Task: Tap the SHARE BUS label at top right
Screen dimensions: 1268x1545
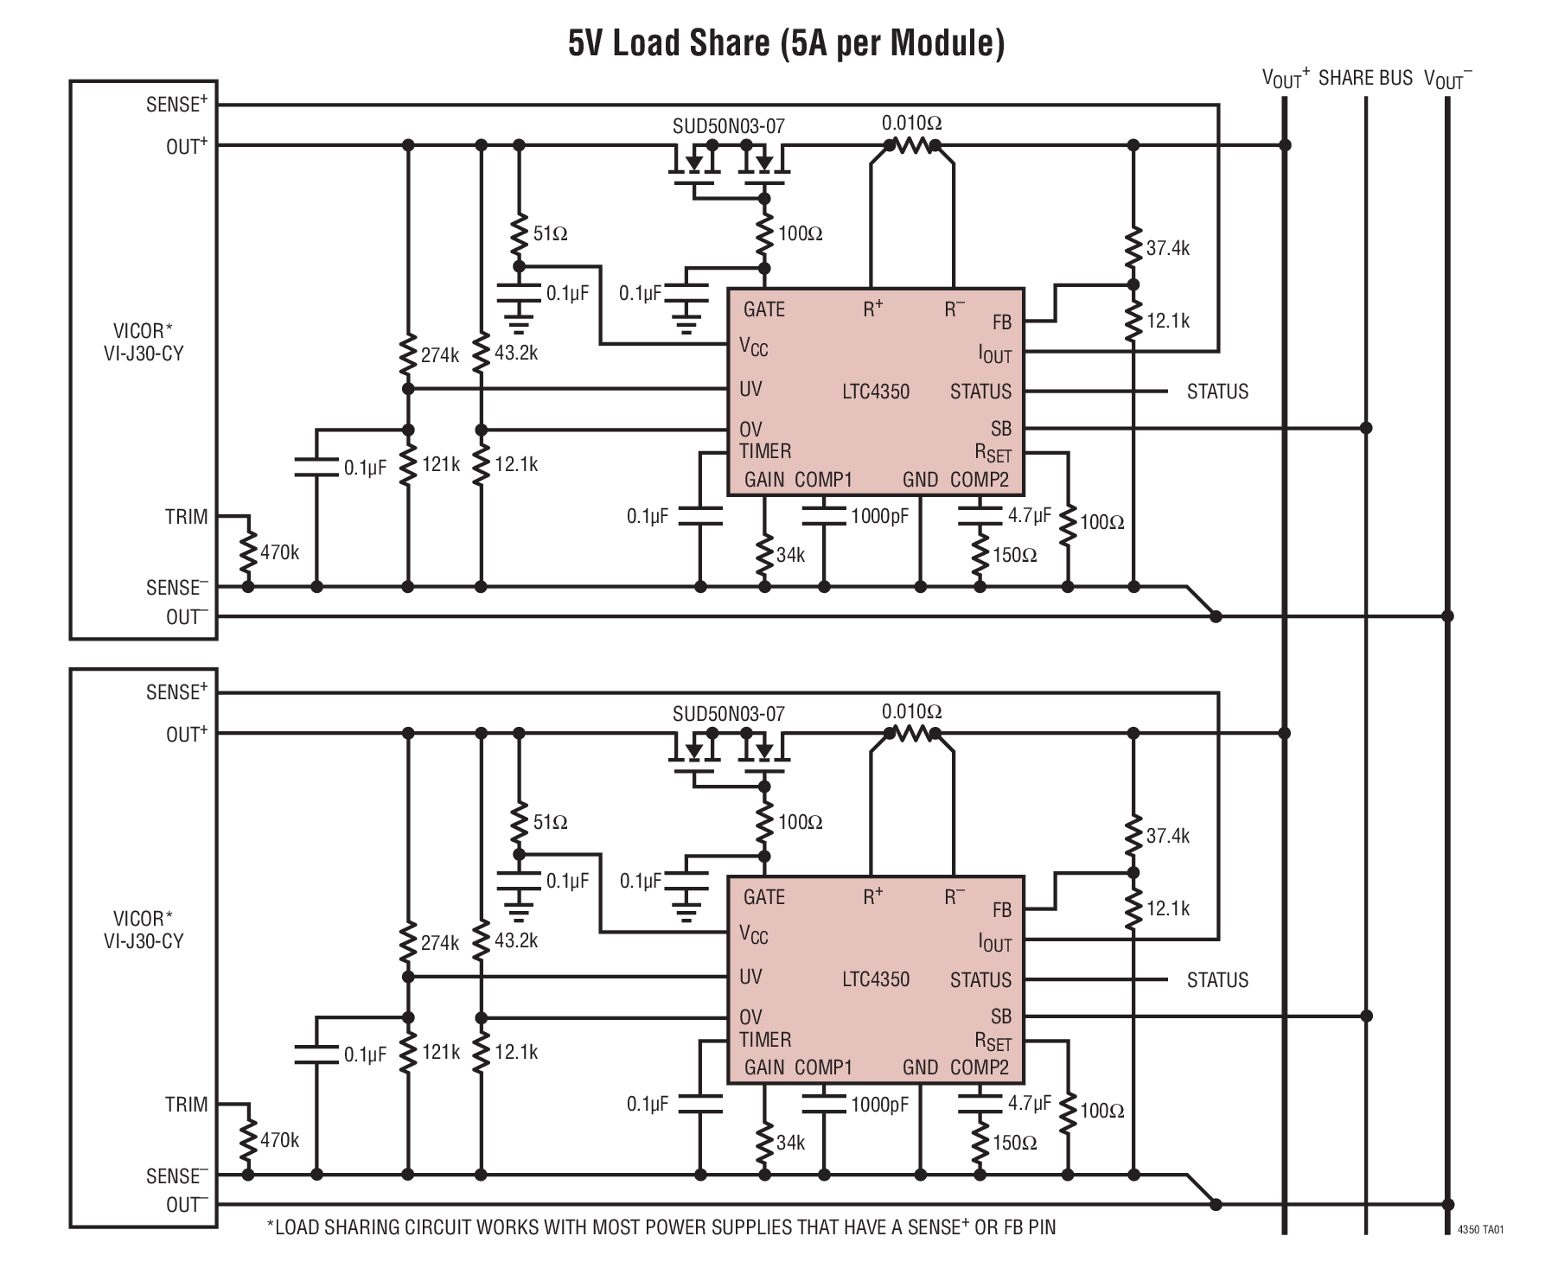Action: pos(1365,78)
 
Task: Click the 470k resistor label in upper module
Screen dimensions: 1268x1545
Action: pos(279,552)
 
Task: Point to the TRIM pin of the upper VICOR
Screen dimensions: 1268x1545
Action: pos(187,517)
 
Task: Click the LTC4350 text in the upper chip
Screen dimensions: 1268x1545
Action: pos(876,392)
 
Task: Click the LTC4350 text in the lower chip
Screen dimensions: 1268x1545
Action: pos(876,979)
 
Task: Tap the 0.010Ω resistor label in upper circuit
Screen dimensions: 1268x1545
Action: pos(911,123)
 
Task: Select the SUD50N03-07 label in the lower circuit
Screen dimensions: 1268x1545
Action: pos(728,714)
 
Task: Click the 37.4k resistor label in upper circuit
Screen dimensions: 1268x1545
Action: pos(1168,248)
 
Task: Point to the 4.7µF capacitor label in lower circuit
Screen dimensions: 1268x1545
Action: pos(1029,1104)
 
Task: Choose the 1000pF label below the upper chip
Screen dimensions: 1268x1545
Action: pos(879,517)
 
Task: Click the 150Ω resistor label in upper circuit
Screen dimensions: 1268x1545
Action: pos(1014,555)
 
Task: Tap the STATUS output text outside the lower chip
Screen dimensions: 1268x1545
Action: pos(1217,980)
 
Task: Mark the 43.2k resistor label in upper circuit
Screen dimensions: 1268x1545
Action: pos(516,353)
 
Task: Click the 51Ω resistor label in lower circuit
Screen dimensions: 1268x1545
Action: pos(550,822)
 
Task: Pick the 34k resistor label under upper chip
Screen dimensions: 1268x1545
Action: pos(790,555)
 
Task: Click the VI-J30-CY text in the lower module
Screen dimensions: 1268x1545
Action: pos(144,941)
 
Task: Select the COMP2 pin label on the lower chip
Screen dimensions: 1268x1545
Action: pos(980,1067)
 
